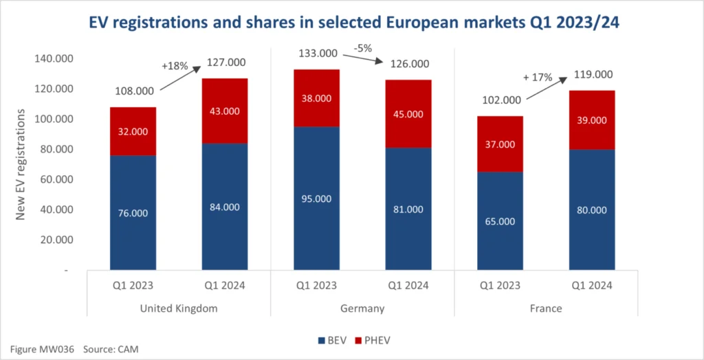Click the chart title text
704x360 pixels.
click(x=351, y=23)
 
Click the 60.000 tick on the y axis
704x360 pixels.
click(x=53, y=179)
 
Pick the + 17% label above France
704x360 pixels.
click(x=542, y=78)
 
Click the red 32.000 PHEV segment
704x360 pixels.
click(x=133, y=132)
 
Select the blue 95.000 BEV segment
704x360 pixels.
click(x=316, y=199)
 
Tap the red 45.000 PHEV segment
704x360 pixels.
click(x=408, y=114)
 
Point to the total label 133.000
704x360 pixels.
click(x=318, y=54)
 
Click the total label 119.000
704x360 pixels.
click(x=592, y=75)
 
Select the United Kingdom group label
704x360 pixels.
click(x=179, y=308)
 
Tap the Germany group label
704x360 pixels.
click(x=362, y=308)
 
